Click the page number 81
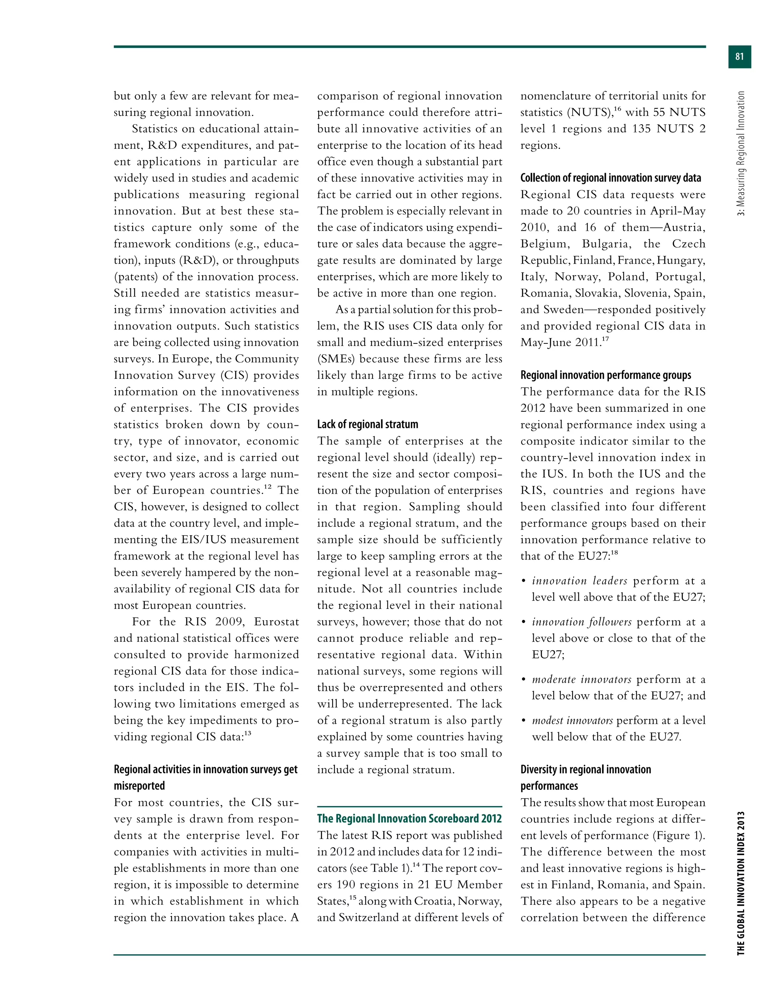(739, 56)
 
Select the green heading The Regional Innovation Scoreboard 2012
(409, 818)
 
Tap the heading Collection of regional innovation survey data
(610, 178)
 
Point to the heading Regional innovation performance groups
(605, 375)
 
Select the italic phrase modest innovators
(572, 720)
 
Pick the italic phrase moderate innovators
(581, 679)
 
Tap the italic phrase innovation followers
(581, 622)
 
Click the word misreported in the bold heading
(139, 786)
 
